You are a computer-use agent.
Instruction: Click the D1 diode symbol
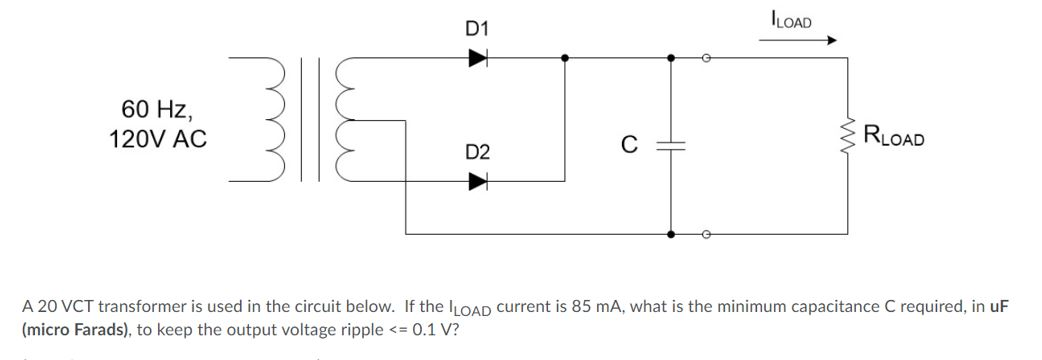coord(478,58)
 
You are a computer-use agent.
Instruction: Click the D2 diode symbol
coord(478,182)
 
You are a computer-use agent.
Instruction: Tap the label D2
coord(477,152)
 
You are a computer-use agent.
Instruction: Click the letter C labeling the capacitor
coord(628,146)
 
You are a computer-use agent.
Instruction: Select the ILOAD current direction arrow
coord(804,42)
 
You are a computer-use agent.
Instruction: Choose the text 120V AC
coord(157,139)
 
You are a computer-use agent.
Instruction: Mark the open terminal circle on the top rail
coord(706,59)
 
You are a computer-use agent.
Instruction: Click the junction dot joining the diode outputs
coord(566,59)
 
